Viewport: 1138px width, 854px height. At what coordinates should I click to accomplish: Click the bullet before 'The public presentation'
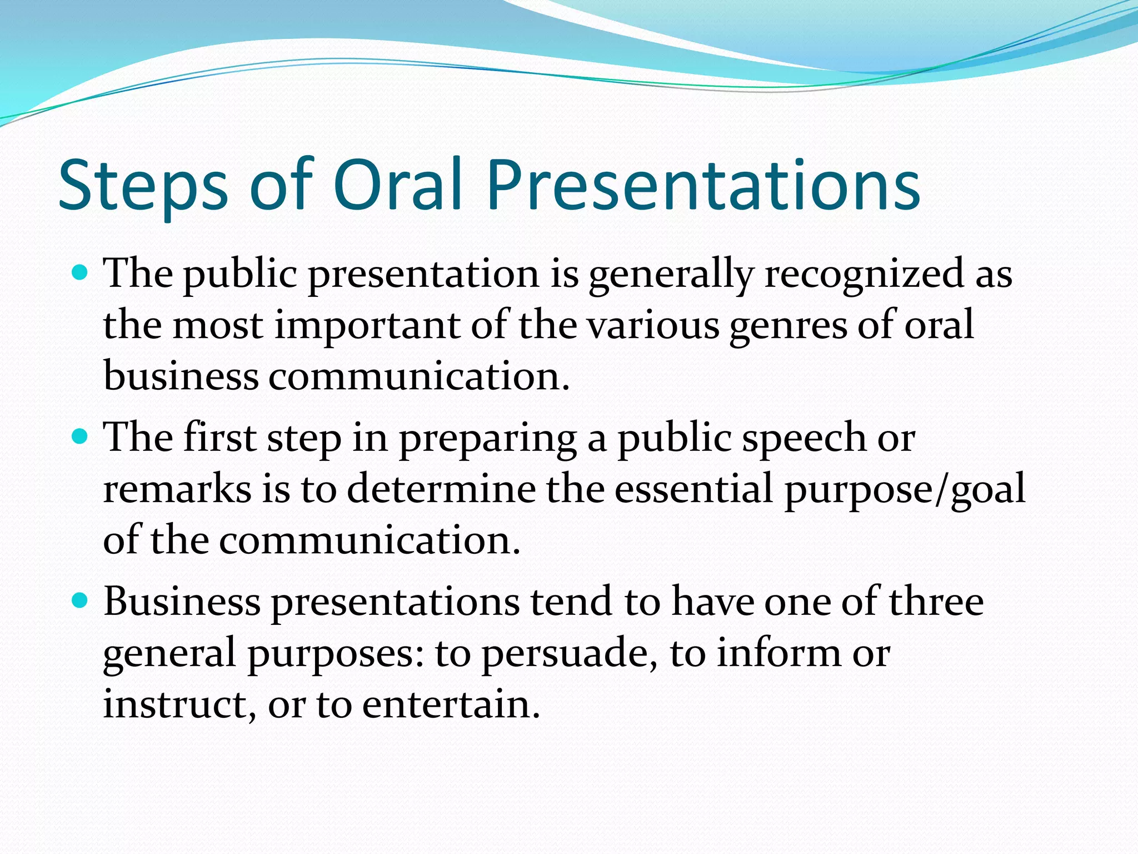(x=81, y=272)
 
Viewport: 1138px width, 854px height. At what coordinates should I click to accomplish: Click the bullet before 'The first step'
(x=81, y=436)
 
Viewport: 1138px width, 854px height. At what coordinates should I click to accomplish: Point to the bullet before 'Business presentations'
(x=81, y=600)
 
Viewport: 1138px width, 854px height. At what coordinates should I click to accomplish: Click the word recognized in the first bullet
(x=865, y=275)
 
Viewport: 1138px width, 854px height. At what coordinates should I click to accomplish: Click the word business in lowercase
(x=181, y=376)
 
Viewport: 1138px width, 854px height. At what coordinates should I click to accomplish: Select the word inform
(x=778, y=653)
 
